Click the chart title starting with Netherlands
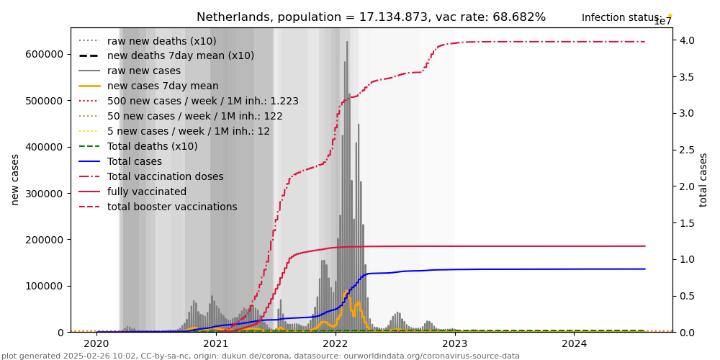click(x=371, y=17)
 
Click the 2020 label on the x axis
click(x=96, y=343)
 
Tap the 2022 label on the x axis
click(x=335, y=343)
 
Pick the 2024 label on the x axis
click(x=574, y=343)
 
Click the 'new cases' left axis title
click(x=15, y=179)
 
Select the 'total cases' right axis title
click(x=703, y=179)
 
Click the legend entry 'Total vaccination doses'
click(x=165, y=176)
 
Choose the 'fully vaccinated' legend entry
click(x=147, y=192)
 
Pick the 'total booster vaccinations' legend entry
click(x=172, y=207)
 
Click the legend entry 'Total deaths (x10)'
click(x=152, y=146)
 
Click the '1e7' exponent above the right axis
click(x=662, y=22)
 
